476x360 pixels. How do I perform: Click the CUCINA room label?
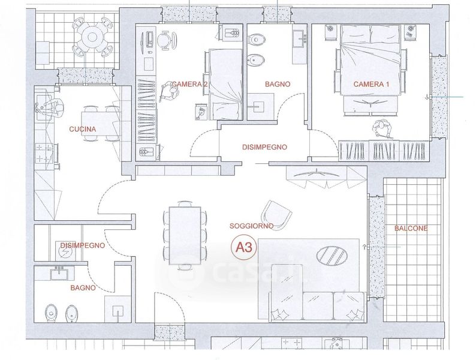pos(83,129)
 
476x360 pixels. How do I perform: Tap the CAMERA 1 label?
pos(371,84)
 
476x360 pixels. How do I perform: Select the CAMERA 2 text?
pos(189,84)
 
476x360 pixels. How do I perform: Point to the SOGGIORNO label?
pos(251,226)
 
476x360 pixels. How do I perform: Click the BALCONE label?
pos(411,229)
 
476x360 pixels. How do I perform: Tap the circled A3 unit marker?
pos(244,248)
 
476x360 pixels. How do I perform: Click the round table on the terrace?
pos(92,37)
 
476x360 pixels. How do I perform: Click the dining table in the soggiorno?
pos(185,235)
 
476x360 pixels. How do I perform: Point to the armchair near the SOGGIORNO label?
pos(276,215)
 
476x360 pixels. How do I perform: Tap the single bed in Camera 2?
pos(225,85)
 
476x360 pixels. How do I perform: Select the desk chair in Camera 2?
pos(165,40)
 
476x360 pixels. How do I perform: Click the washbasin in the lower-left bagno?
pos(59,274)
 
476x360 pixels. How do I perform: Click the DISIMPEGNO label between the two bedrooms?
pos(264,148)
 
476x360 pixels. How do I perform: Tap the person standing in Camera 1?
pos(381,128)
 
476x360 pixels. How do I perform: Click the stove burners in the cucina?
pos(44,153)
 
